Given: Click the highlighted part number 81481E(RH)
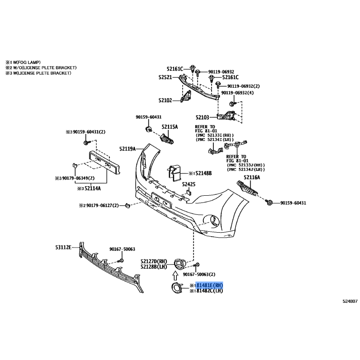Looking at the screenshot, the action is pos(209,285).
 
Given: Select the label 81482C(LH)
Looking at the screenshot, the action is pos(209,291).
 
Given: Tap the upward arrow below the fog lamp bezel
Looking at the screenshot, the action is pos(175,275).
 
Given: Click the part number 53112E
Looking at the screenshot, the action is pos(63,247).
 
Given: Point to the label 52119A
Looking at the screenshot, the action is pos(127,149).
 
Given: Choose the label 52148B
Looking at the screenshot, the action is pos(203,173).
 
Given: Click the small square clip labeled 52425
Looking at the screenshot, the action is pos(188,192).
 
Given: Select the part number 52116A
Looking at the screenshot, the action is pos(252,177).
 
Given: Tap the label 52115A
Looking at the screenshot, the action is pos(170,127).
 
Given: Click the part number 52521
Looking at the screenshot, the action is pos(165,77).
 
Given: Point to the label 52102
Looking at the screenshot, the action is pos(165,100).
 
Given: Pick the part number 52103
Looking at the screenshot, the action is pos(202,117).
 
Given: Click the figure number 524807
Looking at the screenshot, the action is pos(350,301).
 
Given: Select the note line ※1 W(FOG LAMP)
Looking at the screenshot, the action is pos(23,62).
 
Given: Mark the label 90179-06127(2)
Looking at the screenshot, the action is pos(103,206).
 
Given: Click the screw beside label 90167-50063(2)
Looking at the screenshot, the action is pos(197,265).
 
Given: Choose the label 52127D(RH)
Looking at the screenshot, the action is pos(154,261).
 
